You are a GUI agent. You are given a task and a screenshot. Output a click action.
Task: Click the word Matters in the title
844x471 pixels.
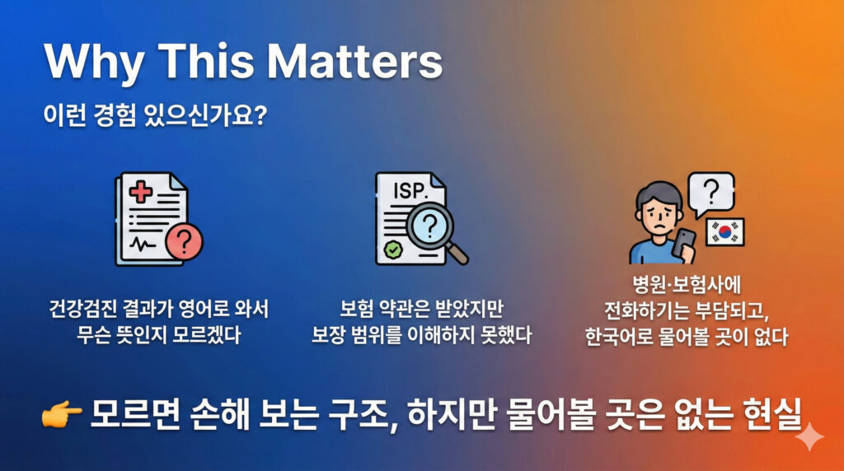click(355, 61)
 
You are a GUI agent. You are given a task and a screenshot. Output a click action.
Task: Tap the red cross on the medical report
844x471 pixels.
click(140, 192)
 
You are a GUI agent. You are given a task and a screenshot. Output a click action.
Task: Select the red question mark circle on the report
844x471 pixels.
click(184, 242)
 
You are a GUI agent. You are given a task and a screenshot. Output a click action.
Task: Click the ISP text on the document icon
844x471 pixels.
click(410, 191)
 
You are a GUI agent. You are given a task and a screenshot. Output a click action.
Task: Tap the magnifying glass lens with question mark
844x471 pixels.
click(429, 227)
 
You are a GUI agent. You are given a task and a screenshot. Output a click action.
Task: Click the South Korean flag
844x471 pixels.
click(725, 231)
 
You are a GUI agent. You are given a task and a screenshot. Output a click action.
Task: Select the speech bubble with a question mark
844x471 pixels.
click(711, 193)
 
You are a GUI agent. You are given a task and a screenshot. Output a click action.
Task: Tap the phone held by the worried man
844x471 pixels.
click(683, 245)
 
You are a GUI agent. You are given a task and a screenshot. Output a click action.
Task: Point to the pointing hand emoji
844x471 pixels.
click(61, 414)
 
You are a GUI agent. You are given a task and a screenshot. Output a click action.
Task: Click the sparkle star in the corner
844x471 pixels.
click(809, 436)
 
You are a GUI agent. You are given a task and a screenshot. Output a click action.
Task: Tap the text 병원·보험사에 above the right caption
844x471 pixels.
click(687, 284)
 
